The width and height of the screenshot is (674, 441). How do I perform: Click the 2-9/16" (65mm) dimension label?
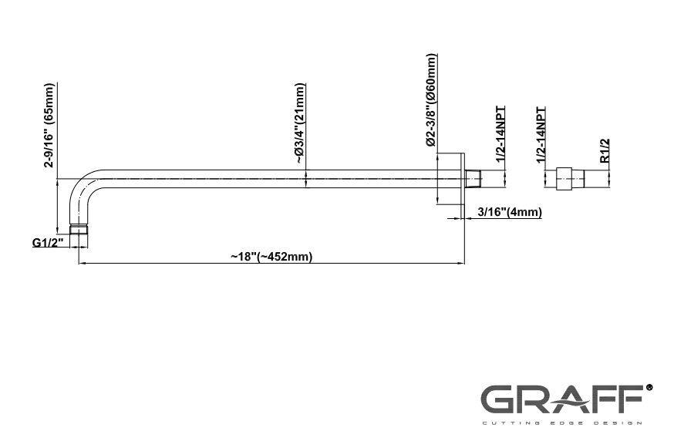(50, 126)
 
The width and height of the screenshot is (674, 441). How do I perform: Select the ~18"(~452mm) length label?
(271, 257)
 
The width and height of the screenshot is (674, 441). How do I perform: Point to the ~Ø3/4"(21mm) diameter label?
(299, 123)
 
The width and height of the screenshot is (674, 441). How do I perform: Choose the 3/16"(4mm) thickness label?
(510, 212)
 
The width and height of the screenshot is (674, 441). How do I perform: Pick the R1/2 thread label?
(605, 151)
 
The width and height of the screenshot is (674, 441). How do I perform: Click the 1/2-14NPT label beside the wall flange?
(500, 134)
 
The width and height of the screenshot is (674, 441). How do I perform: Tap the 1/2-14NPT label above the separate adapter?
(541, 135)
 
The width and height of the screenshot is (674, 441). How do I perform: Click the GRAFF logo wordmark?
(561, 399)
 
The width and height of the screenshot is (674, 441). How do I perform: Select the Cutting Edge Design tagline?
(561, 423)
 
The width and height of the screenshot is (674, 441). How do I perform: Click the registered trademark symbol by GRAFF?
(649, 387)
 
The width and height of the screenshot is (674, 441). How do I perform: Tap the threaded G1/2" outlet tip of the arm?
(79, 230)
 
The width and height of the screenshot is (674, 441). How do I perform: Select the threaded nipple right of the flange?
(473, 178)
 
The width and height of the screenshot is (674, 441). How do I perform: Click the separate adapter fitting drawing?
(570, 178)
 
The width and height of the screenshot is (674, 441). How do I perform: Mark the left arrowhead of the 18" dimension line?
(82, 263)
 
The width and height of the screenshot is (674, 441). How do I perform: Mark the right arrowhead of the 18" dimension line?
(461, 263)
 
